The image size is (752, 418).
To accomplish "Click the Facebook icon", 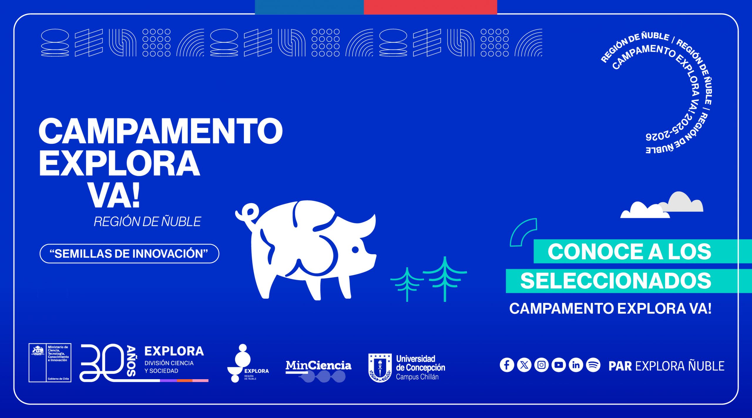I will click(x=507, y=365).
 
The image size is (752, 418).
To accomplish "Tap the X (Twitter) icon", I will click(x=524, y=365).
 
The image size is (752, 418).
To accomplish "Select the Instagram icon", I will click(x=541, y=365).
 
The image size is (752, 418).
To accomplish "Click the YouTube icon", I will click(x=559, y=365).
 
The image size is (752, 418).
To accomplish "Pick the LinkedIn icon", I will click(x=576, y=365).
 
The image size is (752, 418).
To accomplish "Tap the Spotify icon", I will click(x=593, y=365).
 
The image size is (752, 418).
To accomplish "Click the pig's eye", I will click(x=355, y=250).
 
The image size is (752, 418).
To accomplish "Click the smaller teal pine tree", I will click(x=407, y=284).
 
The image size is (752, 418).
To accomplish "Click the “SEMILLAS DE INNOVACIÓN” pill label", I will click(x=129, y=253).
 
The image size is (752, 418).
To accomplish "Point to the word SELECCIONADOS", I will click(x=616, y=281).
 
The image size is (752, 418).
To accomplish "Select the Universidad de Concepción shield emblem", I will click(x=380, y=367).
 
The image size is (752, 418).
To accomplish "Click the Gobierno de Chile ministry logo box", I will click(x=50, y=363).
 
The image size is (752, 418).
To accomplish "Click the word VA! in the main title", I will click(x=114, y=195).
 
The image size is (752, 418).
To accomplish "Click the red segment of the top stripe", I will click(x=430, y=7).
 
